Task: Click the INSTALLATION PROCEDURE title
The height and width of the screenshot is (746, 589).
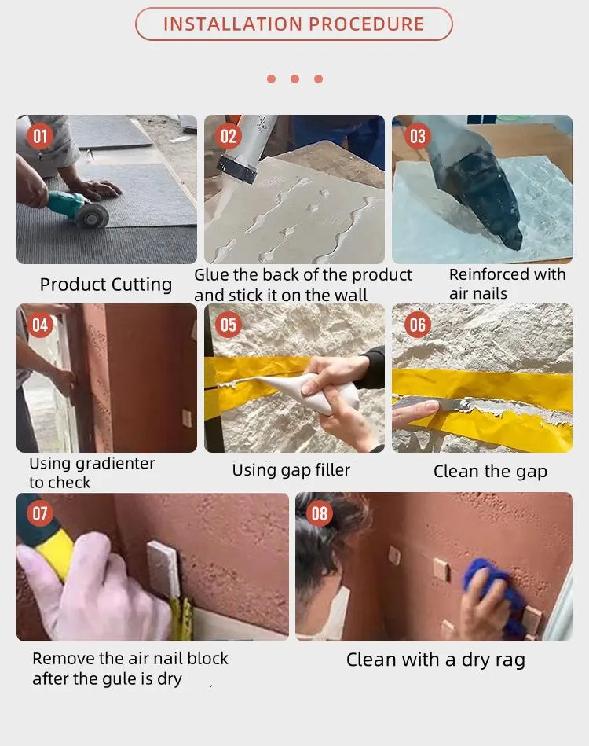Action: [294, 24]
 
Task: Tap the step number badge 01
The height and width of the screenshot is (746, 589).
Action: [40, 137]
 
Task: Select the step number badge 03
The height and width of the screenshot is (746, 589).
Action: [417, 137]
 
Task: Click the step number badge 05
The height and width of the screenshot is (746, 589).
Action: [228, 325]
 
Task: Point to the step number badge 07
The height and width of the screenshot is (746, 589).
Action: [40, 515]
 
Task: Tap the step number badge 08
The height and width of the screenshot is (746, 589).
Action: [319, 515]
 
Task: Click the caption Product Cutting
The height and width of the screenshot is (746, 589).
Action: [106, 285]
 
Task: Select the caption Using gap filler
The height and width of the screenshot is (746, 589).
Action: [291, 470]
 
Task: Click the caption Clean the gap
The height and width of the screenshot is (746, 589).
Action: [490, 472]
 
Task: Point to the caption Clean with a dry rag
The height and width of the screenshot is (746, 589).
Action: [435, 660]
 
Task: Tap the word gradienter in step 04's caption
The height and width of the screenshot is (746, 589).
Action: [114, 463]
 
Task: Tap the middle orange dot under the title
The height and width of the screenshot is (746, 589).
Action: [294, 79]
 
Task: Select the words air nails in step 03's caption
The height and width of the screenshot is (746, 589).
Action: [478, 294]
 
